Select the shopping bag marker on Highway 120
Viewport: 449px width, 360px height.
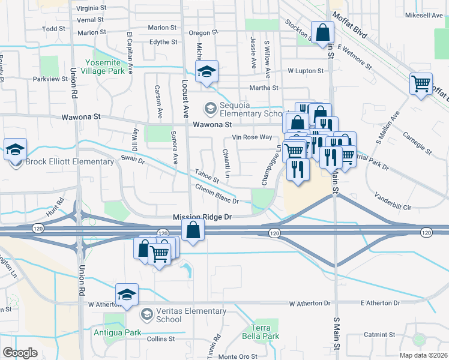(193, 230)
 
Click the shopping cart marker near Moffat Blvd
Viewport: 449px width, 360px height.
(421, 84)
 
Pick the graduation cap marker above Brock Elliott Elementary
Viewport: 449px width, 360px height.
(15, 150)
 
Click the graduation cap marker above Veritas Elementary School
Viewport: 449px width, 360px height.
(127, 295)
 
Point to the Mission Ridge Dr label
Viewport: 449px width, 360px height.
(202, 217)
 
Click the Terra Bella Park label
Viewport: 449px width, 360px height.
(264, 332)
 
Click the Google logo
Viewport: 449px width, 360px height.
(20, 353)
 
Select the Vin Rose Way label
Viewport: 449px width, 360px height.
(252, 137)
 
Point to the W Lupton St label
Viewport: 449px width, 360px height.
(306, 71)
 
